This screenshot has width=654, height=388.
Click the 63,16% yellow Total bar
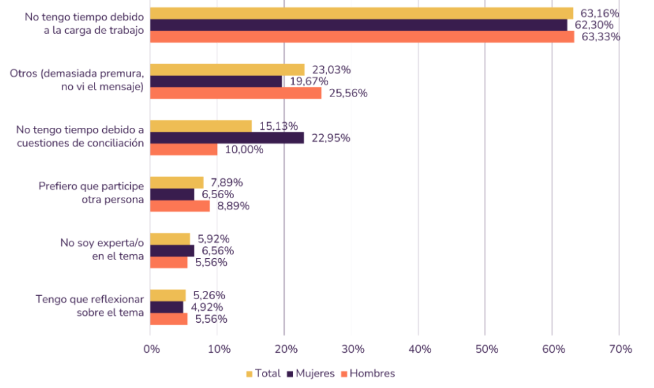[361, 13]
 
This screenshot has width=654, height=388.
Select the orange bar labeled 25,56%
[236, 93]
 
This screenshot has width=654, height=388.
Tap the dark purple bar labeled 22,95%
[227, 138]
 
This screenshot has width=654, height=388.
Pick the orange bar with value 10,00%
[183, 150]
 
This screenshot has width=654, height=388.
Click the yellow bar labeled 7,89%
[177, 183]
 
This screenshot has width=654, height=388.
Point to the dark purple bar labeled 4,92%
[167, 307]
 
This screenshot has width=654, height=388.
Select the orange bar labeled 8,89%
[179, 206]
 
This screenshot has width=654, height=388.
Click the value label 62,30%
[594, 25]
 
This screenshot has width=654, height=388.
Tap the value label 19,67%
[309, 81]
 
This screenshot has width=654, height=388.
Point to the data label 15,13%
[278, 126]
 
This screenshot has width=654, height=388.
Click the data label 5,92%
[213, 239]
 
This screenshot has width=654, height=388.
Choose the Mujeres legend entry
[311, 373]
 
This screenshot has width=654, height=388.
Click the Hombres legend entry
[368, 373]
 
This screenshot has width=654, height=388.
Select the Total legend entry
[264, 373]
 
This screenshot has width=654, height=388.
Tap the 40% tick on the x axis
[420, 349]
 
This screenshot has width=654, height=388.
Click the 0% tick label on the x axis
[152, 349]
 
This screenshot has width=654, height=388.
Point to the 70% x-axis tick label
[621, 349]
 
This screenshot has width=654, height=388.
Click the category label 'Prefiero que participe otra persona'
[91, 192]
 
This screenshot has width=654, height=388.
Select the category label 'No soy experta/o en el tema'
[102, 249]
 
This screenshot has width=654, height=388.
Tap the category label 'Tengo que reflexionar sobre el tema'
[89, 306]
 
